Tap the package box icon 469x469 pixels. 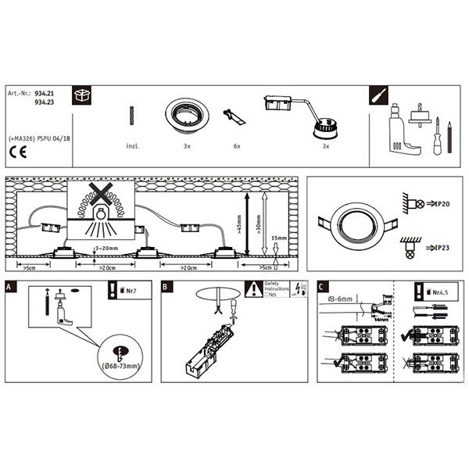pyautogui.click(x=81, y=95)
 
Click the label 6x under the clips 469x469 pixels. pyautogui.click(x=236, y=146)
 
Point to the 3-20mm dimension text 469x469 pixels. pyautogui.click(x=106, y=248)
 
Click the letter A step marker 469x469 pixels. pyautogui.click(x=9, y=287)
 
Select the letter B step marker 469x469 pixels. pyautogui.click(x=166, y=287)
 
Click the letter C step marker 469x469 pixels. pyautogui.click(x=322, y=287)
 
